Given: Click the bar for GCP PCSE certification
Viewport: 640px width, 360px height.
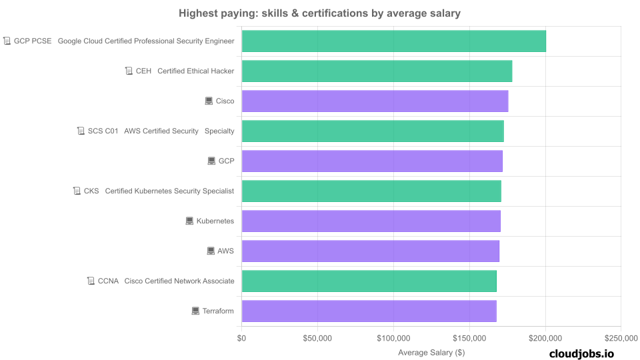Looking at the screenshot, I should [393, 41].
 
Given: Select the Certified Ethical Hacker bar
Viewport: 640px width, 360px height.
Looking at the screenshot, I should [377, 71].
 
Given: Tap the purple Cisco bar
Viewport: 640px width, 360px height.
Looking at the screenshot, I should [375, 101].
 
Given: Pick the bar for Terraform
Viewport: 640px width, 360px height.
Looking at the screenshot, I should [369, 311].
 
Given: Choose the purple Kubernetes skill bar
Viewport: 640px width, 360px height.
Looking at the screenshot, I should [371, 221].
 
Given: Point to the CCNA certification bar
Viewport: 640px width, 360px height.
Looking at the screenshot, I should [369, 281].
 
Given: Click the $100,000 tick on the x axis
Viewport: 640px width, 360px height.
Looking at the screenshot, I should [393, 339].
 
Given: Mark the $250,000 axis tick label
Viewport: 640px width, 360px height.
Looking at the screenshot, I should [621, 339].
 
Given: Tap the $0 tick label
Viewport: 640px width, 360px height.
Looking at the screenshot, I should [241, 339].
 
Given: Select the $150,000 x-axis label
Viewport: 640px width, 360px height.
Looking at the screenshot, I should [469, 339].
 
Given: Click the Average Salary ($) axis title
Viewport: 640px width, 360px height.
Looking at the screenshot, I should [431, 352].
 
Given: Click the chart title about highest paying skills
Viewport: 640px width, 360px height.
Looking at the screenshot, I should [319, 13].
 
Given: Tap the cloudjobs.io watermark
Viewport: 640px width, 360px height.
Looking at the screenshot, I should [581, 354].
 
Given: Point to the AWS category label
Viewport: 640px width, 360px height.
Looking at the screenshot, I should [226, 251].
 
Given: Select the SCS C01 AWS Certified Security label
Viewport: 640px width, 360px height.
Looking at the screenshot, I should [161, 131].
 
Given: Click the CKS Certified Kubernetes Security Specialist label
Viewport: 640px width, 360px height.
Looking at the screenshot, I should [159, 191].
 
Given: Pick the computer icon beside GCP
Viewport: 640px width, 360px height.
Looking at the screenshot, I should [211, 161].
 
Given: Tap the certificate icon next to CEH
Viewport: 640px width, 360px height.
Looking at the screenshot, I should [129, 71].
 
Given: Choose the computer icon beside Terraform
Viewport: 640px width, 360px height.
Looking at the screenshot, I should [195, 311].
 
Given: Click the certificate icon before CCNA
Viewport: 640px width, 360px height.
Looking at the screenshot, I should [91, 281].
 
